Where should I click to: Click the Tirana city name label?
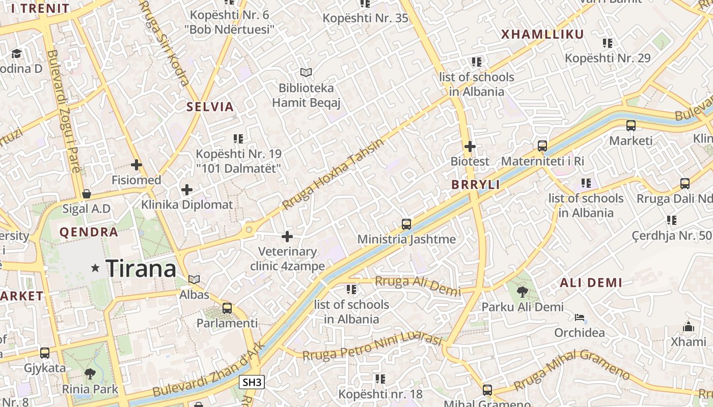coord(141,268)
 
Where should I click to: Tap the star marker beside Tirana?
coord(95,268)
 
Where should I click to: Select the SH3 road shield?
coord(252,382)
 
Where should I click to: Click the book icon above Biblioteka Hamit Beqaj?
coord(306,73)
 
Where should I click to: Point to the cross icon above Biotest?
coord(470,147)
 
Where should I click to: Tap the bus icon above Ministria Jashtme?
coord(406,224)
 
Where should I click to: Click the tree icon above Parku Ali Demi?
coord(522,292)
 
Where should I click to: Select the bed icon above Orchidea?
coord(579,318)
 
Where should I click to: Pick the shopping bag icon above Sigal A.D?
coord(87,194)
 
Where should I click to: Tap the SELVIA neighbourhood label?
coord(210,107)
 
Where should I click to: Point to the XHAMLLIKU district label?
coord(542,35)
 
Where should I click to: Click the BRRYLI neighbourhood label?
coord(476,185)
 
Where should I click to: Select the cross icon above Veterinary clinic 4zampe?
coord(287,237)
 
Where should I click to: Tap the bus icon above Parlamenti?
coord(227,308)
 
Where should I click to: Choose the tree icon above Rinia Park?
coord(90,374)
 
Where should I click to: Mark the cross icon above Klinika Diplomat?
coord(187,190)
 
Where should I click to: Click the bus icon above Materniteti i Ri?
coord(542,147)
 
